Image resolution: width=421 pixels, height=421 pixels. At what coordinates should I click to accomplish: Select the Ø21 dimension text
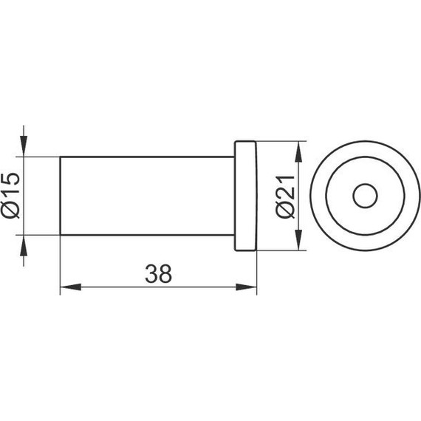coord(286,196)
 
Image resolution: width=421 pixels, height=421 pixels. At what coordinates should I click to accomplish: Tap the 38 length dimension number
coord(157,274)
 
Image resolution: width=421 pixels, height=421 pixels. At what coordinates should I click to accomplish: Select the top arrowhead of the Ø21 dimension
coord(298,149)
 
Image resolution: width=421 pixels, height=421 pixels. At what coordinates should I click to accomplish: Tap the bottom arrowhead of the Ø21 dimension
coord(298,244)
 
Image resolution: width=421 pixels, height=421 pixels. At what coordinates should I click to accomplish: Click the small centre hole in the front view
coord(363,196)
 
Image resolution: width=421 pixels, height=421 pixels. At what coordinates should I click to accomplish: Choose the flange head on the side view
coord(245,196)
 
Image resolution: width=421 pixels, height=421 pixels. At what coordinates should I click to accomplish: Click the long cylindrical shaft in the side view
coord(148,196)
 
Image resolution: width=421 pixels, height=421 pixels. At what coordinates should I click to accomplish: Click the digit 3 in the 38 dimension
coord(151,274)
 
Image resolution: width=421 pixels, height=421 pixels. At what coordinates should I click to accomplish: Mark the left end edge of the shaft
coord(60,196)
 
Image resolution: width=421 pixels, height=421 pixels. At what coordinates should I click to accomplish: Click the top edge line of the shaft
coord(148,157)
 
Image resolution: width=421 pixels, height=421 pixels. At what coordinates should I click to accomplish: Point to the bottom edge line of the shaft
coord(148,236)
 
